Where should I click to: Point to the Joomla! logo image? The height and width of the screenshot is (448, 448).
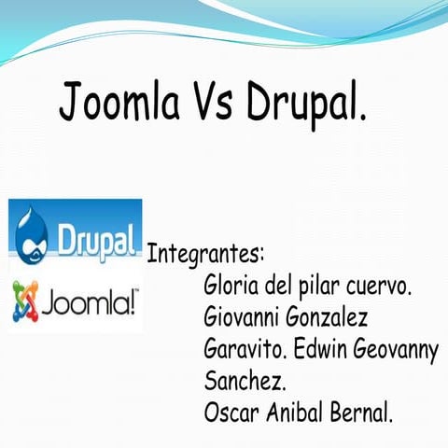coord(77,303)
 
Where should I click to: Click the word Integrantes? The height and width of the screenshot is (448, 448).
coord(206,254)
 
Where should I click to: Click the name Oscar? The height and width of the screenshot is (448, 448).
coord(230,412)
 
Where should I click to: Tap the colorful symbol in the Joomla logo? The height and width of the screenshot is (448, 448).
coord(25,304)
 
